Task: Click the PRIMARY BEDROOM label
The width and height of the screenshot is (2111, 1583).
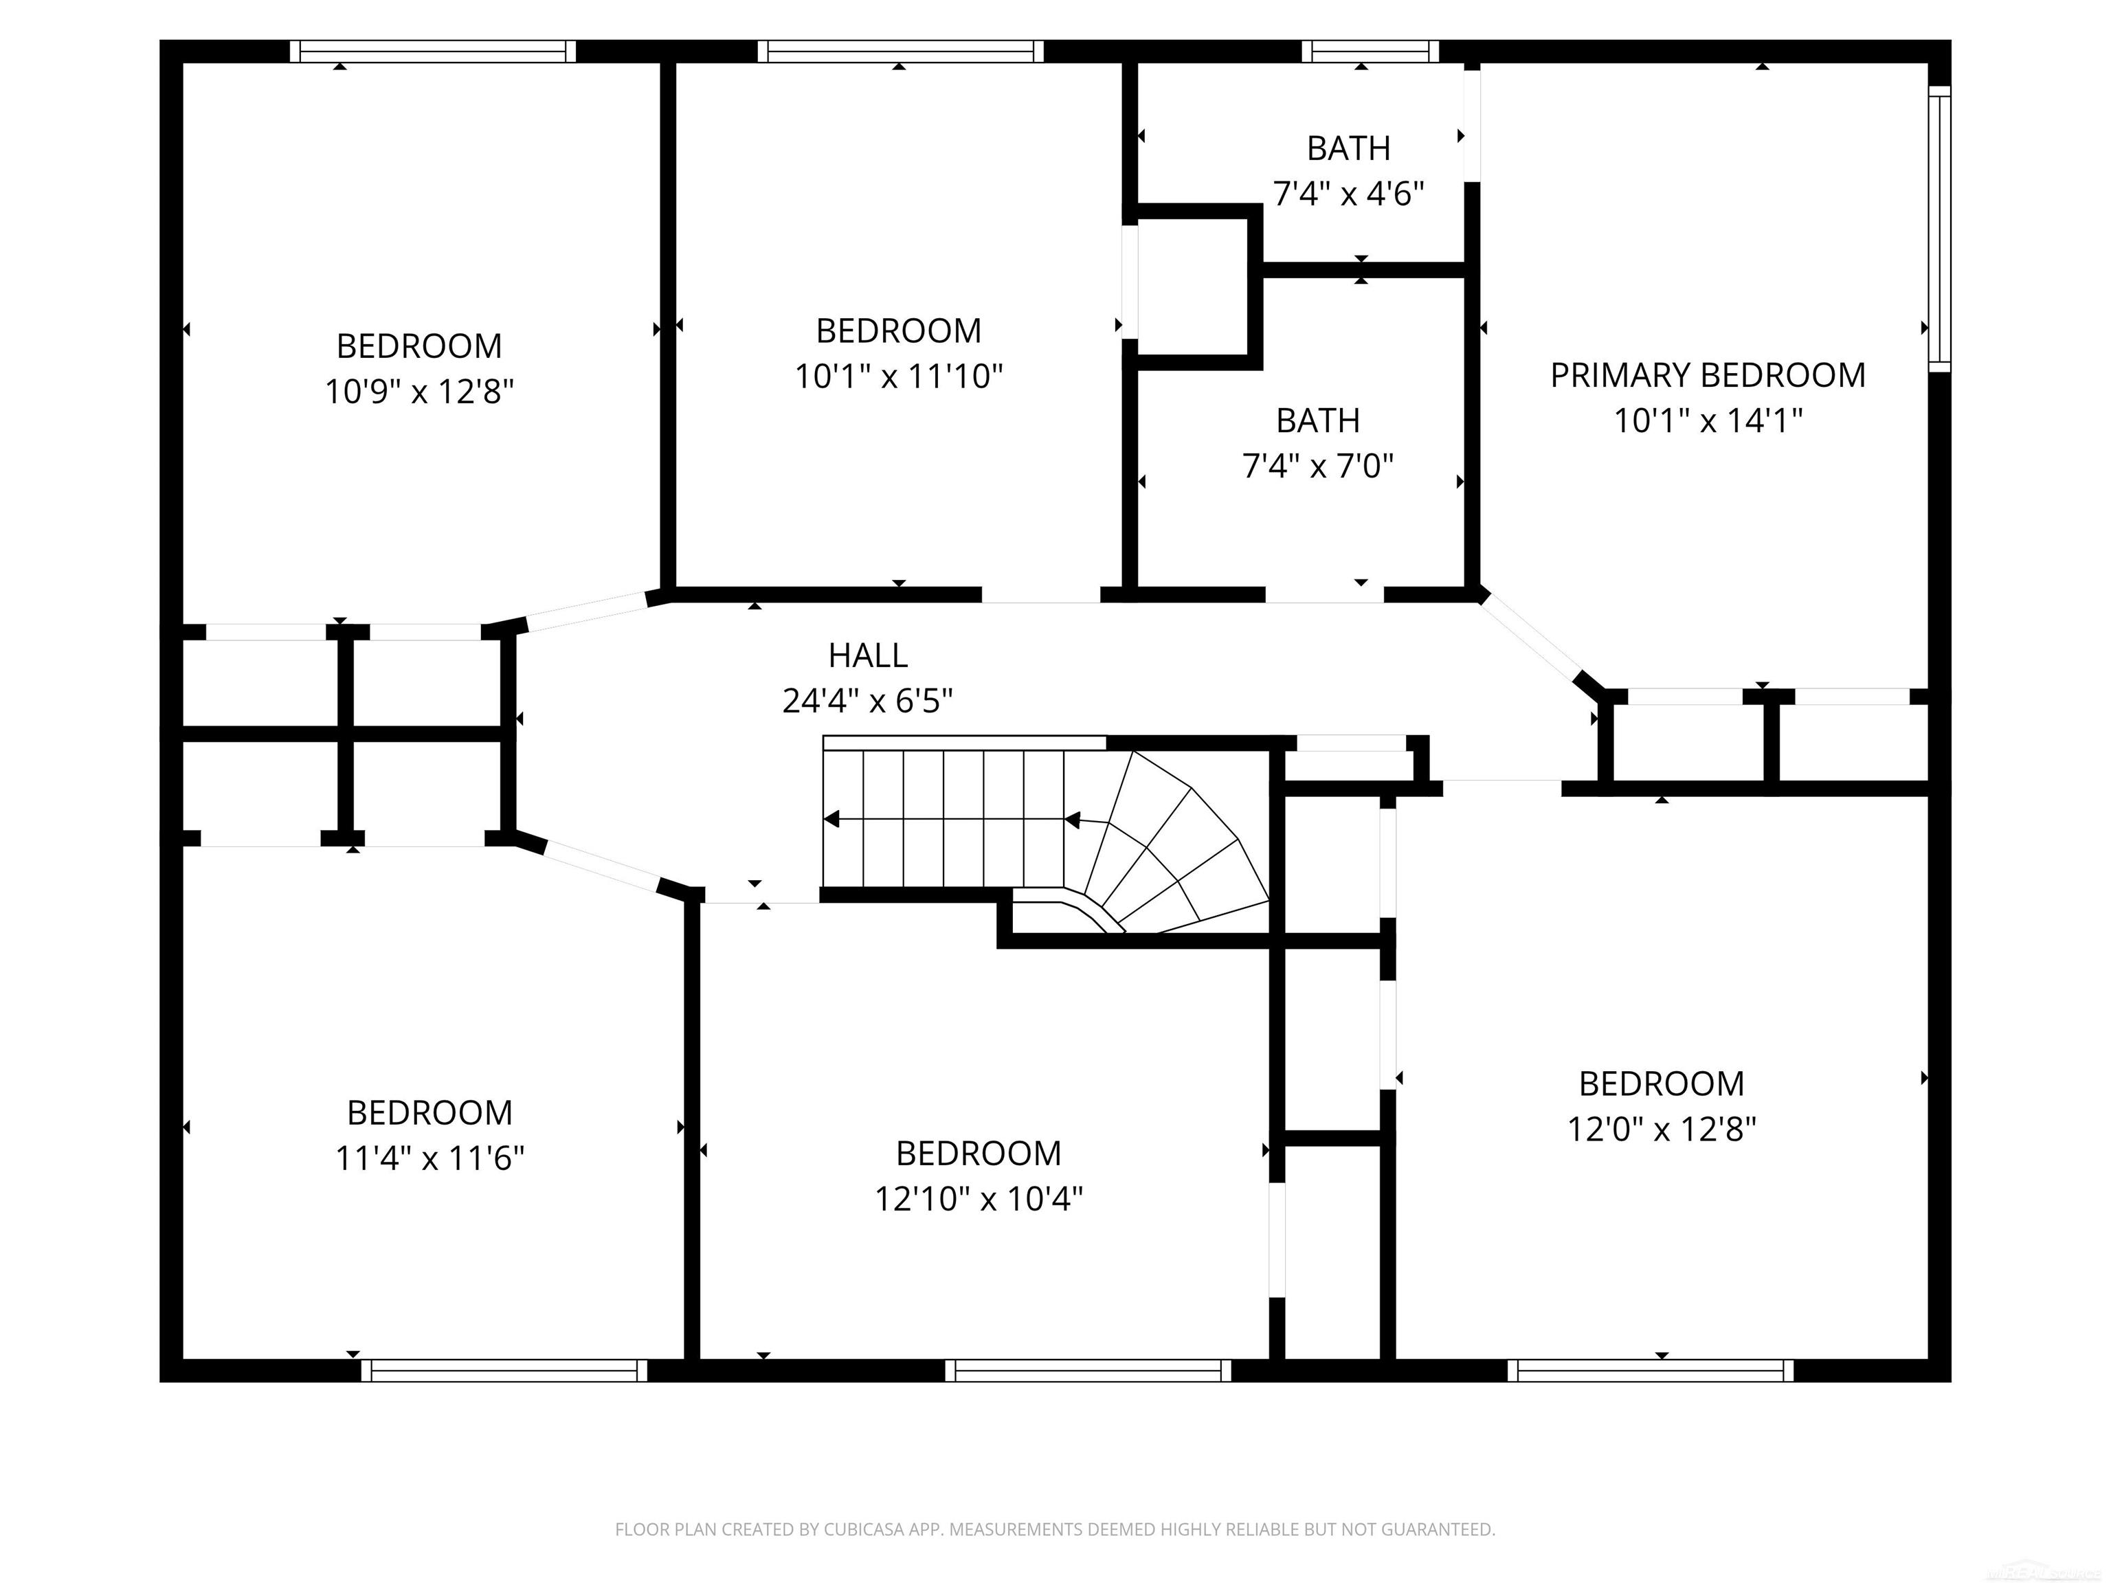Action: pyautogui.click(x=1708, y=376)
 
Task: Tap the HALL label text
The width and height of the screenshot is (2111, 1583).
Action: pyautogui.click(x=867, y=655)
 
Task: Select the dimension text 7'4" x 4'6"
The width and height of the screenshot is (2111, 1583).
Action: pyautogui.click(x=1348, y=194)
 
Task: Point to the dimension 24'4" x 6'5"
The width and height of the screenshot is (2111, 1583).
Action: pyautogui.click(x=867, y=701)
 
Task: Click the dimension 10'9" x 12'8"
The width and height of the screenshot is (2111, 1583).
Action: pyautogui.click(x=419, y=391)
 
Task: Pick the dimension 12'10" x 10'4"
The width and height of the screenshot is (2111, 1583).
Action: pyautogui.click(x=979, y=1198)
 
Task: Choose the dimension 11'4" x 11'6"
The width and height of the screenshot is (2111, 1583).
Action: pyautogui.click(x=429, y=1158)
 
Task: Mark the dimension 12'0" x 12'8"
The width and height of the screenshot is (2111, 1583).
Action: pyautogui.click(x=1662, y=1130)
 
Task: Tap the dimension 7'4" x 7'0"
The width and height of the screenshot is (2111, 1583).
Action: pyautogui.click(x=1318, y=467)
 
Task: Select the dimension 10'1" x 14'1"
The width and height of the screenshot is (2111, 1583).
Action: pyautogui.click(x=1708, y=420)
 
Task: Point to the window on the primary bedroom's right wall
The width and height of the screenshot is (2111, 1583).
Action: pyautogui.click(x=1939, y=228)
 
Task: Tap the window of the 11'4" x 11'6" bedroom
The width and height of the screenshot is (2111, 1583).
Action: pyautogui.click(x=504, y=1370)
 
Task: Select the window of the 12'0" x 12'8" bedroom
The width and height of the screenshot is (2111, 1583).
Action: pyautogui.click(x=1650, y=1370)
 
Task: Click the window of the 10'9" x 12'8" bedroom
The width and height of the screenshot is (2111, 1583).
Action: pyautogui.click(x=434, y=52)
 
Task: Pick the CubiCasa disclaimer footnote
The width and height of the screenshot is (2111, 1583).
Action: pyautogui.click(x=1055, y=1529)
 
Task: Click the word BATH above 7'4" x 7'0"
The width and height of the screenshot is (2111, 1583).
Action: pyautogui.click(x=1318, y=420)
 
